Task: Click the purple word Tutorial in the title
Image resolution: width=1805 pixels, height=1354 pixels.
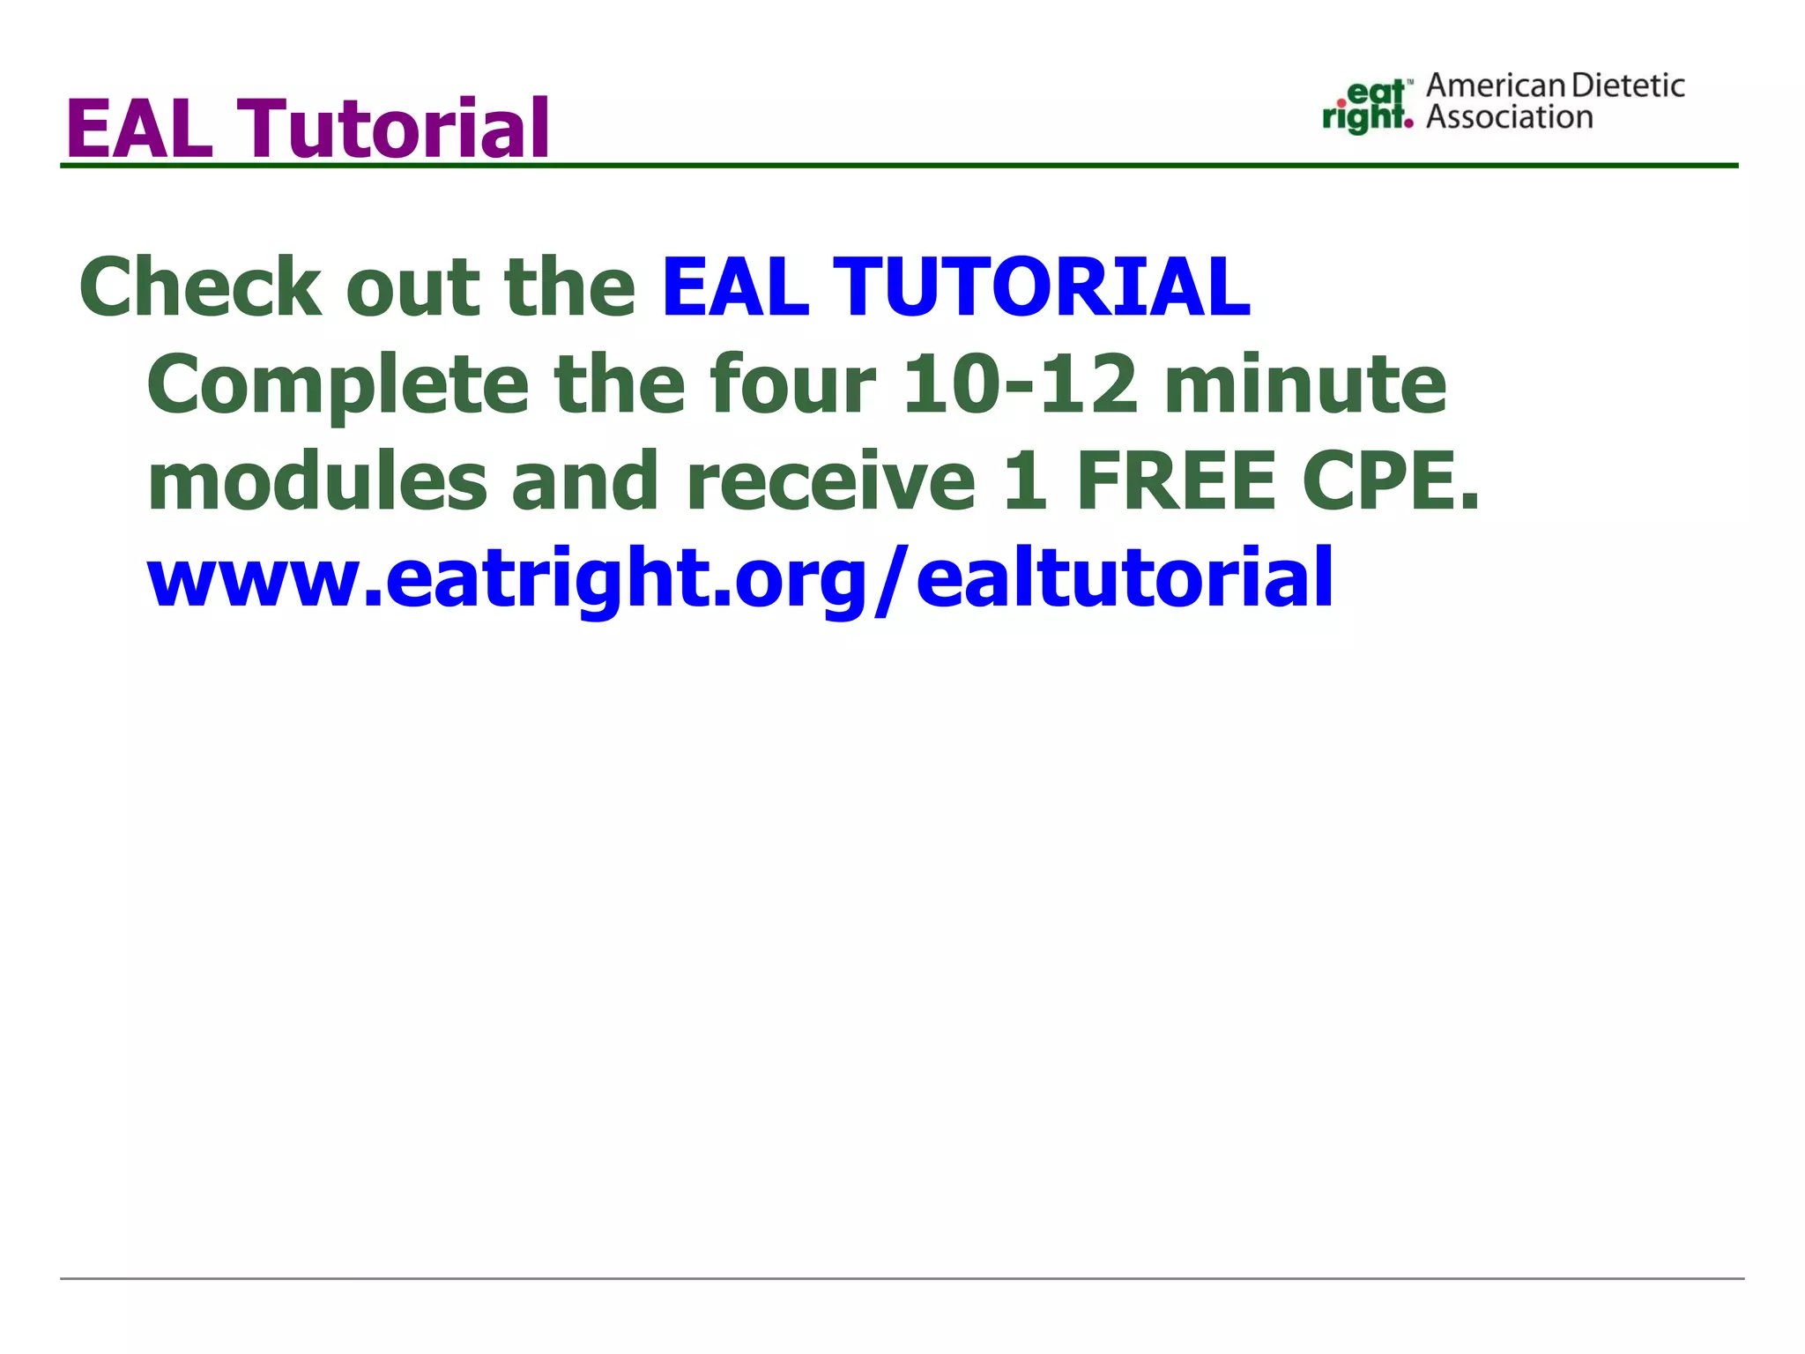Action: [396, 130]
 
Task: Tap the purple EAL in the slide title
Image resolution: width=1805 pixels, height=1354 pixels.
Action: [139, 130]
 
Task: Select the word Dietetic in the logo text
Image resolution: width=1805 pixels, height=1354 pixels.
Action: [1628, 86]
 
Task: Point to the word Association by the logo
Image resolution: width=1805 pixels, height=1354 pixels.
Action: [1509, 117]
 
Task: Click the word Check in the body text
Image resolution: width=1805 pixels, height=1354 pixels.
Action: [201, 287]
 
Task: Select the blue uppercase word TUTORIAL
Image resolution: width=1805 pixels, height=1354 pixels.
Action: [1041, 287]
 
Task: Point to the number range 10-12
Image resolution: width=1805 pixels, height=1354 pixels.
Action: [1021, 385]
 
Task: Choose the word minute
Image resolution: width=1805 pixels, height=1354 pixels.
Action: [1305, 385]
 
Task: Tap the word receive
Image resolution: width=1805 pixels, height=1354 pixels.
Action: [829, 482]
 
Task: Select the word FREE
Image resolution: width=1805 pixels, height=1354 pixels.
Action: [1176, 482]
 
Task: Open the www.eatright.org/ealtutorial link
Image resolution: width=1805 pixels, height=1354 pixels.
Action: [740, 578]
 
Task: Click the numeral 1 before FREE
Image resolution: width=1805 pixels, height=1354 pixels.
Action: [1025, 482]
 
